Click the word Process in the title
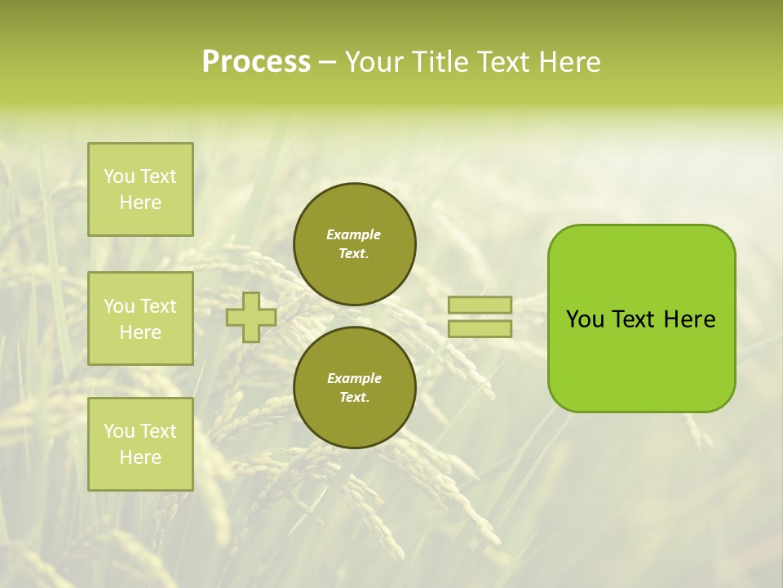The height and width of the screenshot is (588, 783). click(x=256, y=62)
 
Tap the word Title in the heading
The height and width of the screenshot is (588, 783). click(x=438, y=62)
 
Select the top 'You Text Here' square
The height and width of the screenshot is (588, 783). click(x=140, y=189)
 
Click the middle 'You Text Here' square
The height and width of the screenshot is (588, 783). click(x=140, y=318)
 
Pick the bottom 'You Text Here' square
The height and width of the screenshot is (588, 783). click(x=140, y=444)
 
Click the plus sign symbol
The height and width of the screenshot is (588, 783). click(x=251, y=317)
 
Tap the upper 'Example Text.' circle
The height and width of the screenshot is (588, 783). click(x=355, y=244)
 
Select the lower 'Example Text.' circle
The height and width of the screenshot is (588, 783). click(x=355, y=388)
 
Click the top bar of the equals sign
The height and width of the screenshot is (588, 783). click(x=480, y=305)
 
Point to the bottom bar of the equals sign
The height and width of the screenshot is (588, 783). click(x=480, y=329)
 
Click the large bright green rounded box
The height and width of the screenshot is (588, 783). click(x=641, y=318)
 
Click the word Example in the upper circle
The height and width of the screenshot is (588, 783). click(x=354, y=234)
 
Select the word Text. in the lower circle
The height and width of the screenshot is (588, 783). click(x=354, y=398)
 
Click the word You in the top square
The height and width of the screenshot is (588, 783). click(x=119, y=176)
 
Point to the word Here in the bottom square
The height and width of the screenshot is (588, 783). click(x=140, y=457)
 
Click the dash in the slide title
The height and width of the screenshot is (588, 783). click(x=328, y=62)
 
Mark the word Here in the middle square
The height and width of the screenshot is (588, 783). click(x=140, y=332)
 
